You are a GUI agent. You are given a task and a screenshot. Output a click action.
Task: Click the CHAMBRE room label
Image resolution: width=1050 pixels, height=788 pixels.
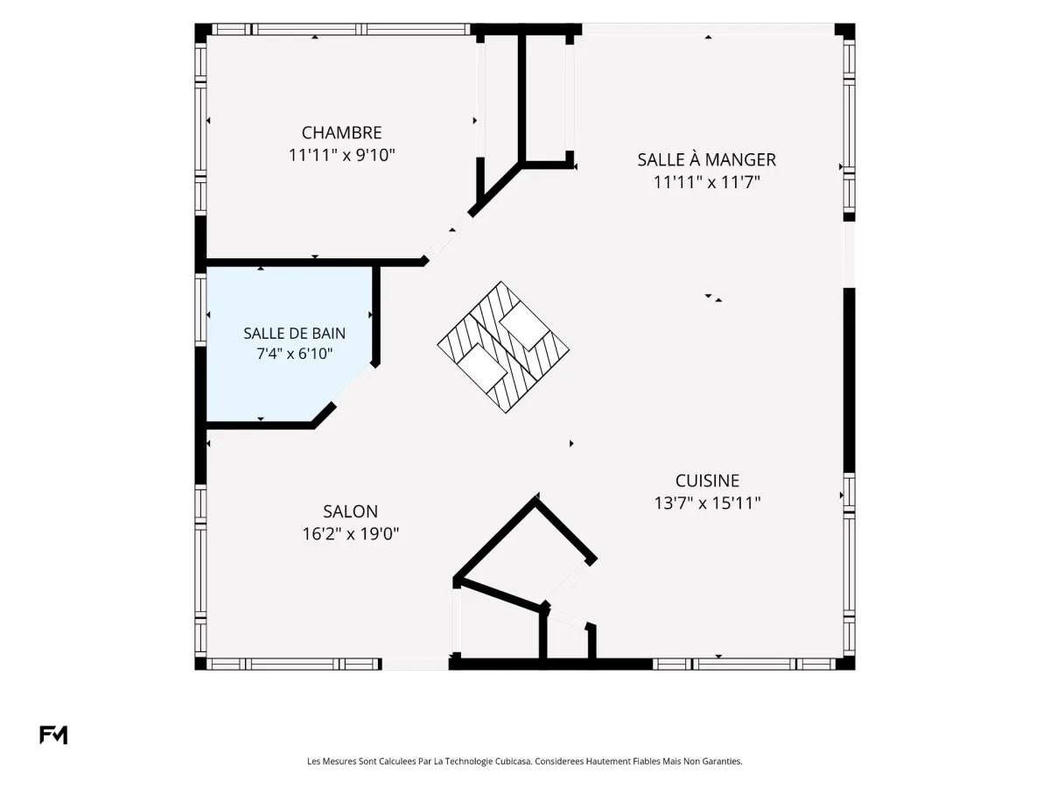(x=341, y=132)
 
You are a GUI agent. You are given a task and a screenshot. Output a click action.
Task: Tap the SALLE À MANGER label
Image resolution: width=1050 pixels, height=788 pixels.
(x=706, y=159)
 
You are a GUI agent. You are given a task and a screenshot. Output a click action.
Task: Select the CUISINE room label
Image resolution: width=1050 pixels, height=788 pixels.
(x=708, y=481)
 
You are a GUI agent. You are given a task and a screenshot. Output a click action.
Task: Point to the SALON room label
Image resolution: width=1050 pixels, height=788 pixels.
(x=351, y=511)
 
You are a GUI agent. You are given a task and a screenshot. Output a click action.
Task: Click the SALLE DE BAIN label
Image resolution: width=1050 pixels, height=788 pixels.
(x=295, y=334)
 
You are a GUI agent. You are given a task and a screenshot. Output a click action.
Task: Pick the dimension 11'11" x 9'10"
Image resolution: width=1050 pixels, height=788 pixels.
(x=341, y=155)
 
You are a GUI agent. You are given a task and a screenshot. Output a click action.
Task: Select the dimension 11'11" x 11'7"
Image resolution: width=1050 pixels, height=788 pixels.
(x=706, y=182)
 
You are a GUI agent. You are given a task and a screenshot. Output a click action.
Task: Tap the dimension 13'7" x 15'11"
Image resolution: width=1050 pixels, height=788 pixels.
(x=708, y=503)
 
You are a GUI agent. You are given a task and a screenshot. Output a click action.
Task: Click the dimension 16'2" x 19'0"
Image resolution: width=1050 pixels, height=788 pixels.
(x=351, y=533)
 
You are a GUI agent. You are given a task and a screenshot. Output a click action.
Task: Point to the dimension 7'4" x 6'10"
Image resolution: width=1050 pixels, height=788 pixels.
(x=295, y=354)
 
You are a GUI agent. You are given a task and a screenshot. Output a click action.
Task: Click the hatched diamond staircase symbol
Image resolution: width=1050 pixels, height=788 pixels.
(x=503, y=347)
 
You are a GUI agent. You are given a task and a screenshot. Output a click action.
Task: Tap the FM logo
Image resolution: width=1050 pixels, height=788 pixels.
(x=53, y=735)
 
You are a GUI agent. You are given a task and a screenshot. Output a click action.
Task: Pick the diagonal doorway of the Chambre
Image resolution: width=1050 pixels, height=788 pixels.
(x=448, y=236)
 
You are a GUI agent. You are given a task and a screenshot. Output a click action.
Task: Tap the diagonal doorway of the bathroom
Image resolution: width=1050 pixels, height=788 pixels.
(x=352, y=385)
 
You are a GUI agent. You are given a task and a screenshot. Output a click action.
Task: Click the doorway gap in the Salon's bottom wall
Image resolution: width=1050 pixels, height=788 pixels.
(x=416, y=664)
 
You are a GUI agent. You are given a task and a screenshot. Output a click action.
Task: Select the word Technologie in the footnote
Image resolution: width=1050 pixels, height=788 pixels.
(x=467, y=761)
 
